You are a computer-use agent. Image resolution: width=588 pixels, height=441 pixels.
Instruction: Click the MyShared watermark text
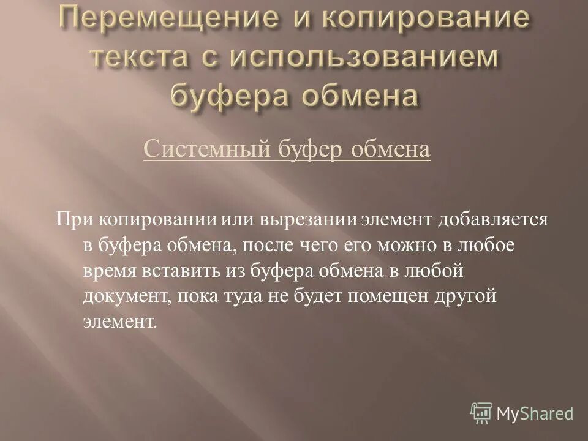coord(535,413)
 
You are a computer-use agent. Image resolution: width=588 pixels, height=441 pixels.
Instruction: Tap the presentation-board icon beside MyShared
coord(482,413)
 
